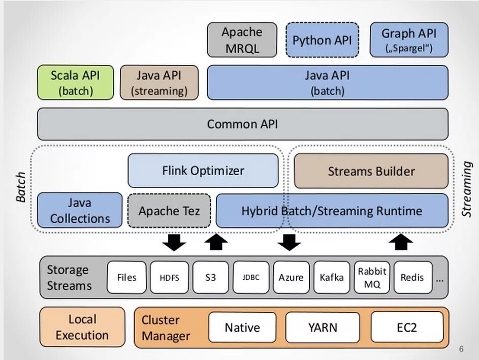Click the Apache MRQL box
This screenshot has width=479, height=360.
242,40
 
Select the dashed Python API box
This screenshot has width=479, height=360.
322,40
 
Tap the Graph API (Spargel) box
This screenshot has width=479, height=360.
409,40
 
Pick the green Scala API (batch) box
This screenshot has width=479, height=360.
75,83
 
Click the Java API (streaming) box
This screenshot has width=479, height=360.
159,83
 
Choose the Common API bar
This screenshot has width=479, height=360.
242,124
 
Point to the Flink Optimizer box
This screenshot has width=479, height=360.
203,171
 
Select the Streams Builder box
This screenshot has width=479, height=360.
371,171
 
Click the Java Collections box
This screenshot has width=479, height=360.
80,210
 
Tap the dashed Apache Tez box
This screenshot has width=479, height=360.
169,210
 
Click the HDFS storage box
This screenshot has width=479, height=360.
169,277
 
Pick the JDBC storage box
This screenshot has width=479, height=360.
250,277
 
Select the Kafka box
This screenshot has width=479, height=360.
332,277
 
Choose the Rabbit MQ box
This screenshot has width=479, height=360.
372,277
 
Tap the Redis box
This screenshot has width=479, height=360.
412,277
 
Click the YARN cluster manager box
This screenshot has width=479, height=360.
323,328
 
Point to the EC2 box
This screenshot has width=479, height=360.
407,328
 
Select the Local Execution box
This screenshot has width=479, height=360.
82,327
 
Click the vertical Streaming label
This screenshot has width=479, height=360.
466,190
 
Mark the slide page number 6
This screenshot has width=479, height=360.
461,349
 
